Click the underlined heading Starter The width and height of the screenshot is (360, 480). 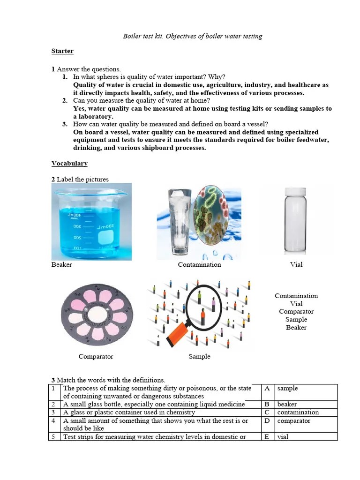(62, 51)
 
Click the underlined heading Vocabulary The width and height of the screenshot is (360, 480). (69, 164)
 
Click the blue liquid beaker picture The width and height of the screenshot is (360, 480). (91, 221)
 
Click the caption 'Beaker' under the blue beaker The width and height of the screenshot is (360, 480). (62, 265)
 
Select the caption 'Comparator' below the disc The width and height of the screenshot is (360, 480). (96, 357)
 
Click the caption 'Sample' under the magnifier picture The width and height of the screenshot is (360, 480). (199, 357)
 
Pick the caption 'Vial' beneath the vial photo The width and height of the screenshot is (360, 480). (296, 265)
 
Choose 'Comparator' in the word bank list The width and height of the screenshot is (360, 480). (296, 312)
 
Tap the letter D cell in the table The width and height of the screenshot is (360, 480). (267, 421)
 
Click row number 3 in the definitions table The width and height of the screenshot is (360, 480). (54, 412)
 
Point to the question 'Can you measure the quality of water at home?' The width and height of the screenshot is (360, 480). (142, 101)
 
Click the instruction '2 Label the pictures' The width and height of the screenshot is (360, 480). (80, 180)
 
